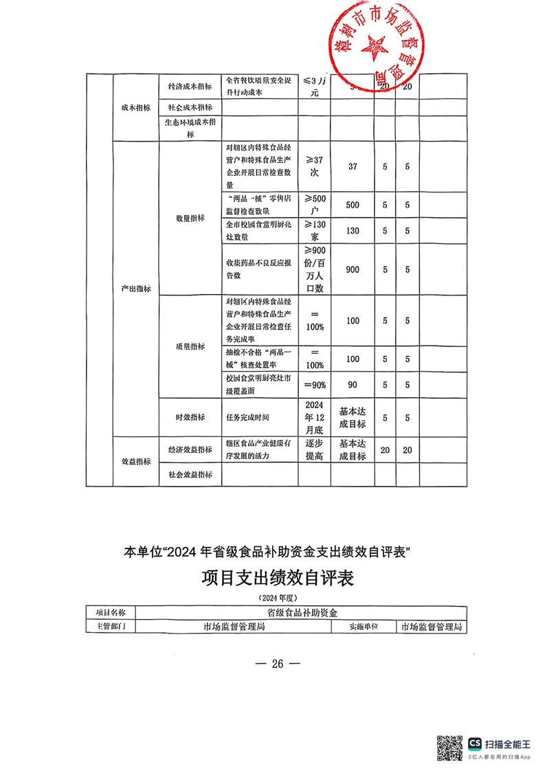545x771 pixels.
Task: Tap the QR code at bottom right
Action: pos(449,748)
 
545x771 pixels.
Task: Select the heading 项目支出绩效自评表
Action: pos(277,578)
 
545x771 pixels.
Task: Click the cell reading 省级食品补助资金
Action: pos(302,612)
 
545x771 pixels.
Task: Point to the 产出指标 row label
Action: pos(135,289)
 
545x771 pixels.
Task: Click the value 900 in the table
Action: pos(352,270)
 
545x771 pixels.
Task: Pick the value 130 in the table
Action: pos(352,231)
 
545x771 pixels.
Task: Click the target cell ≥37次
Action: pos(314,167)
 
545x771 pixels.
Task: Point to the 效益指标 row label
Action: pos(135,462)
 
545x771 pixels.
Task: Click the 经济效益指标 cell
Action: pos(190,450)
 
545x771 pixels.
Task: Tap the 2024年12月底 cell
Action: pos(314,417)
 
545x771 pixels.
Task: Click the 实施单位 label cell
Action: pos(364,626)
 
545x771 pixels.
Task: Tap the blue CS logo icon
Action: pos(475,744)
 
